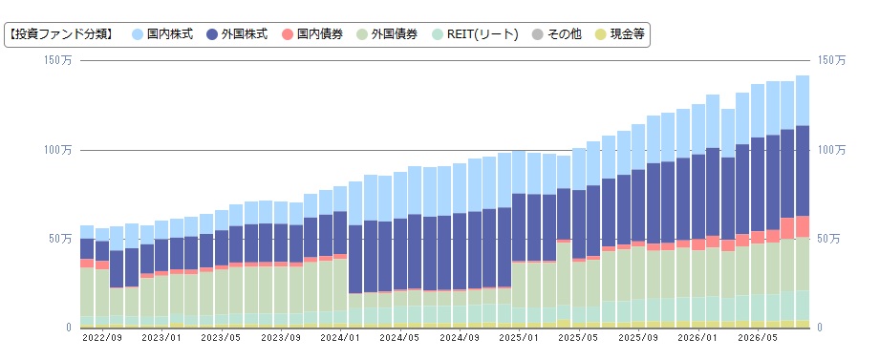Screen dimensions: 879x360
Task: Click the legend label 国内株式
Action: pyautogui.click(x=170, y=34)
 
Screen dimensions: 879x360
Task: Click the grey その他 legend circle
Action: pyautogui.click(x=538, y=34)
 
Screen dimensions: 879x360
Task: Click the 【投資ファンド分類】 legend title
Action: pyautogui.click(x=62, y=34)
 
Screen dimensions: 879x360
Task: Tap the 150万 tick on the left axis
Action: pyautogui.click(x=58, y=60)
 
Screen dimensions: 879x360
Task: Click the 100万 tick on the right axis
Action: pyautogui.click(x=832, y=150)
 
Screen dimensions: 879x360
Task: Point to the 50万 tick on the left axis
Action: pyautogui.click(x=61, y=239)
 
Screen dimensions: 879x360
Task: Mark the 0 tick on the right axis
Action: pyautogui.click(x=822, y=328)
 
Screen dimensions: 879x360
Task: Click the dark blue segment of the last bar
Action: pyautogui.click(x=803, y=171)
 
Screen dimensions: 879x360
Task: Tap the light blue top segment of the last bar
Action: pyautogui.click(x=803, y=100)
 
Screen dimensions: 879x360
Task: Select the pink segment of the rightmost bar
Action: pyautogui.click(x=803, y=226)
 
